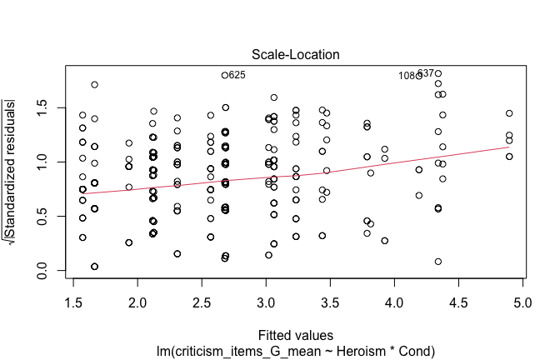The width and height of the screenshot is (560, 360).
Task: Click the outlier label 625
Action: click(x=237, y=75)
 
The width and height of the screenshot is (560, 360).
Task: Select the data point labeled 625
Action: click(x=225, y=75)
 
